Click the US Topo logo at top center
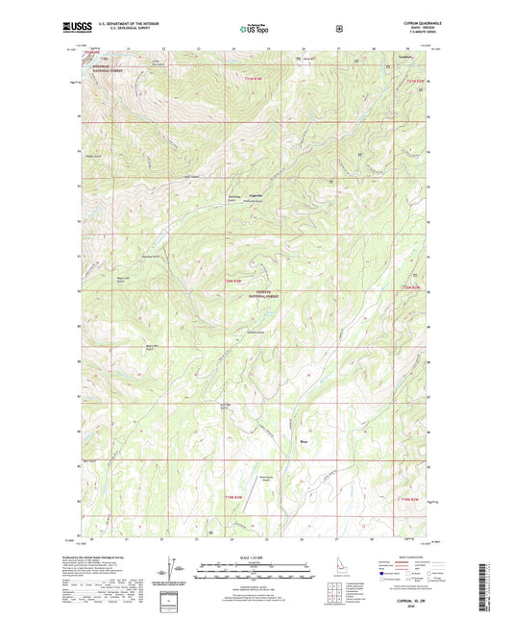[255, 30]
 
